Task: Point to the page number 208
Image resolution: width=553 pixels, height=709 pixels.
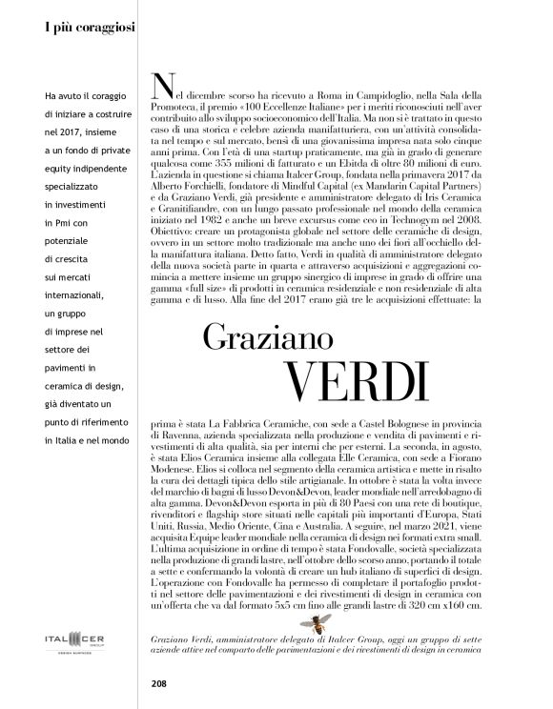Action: [160, 682]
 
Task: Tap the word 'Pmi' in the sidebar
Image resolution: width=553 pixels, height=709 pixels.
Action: [64, 248]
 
